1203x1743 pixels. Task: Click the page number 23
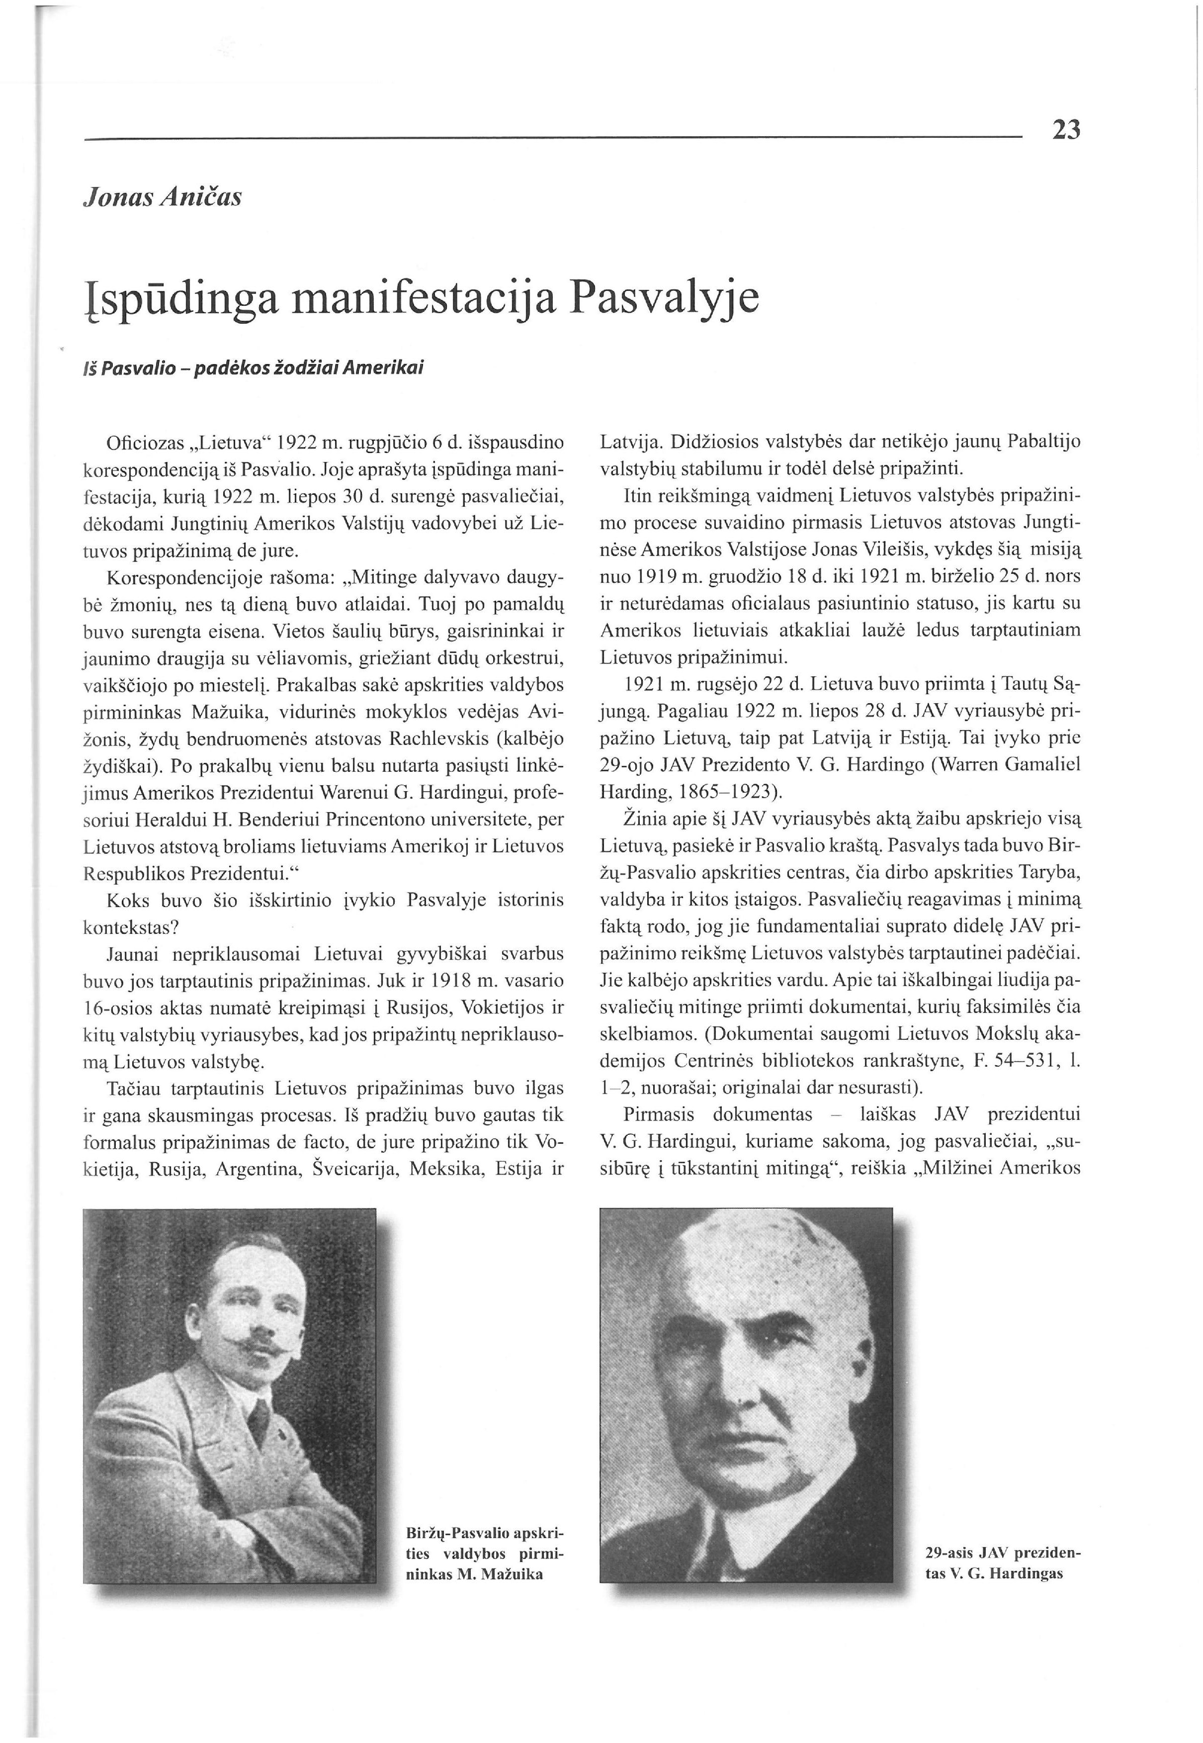click(1066, 130)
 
